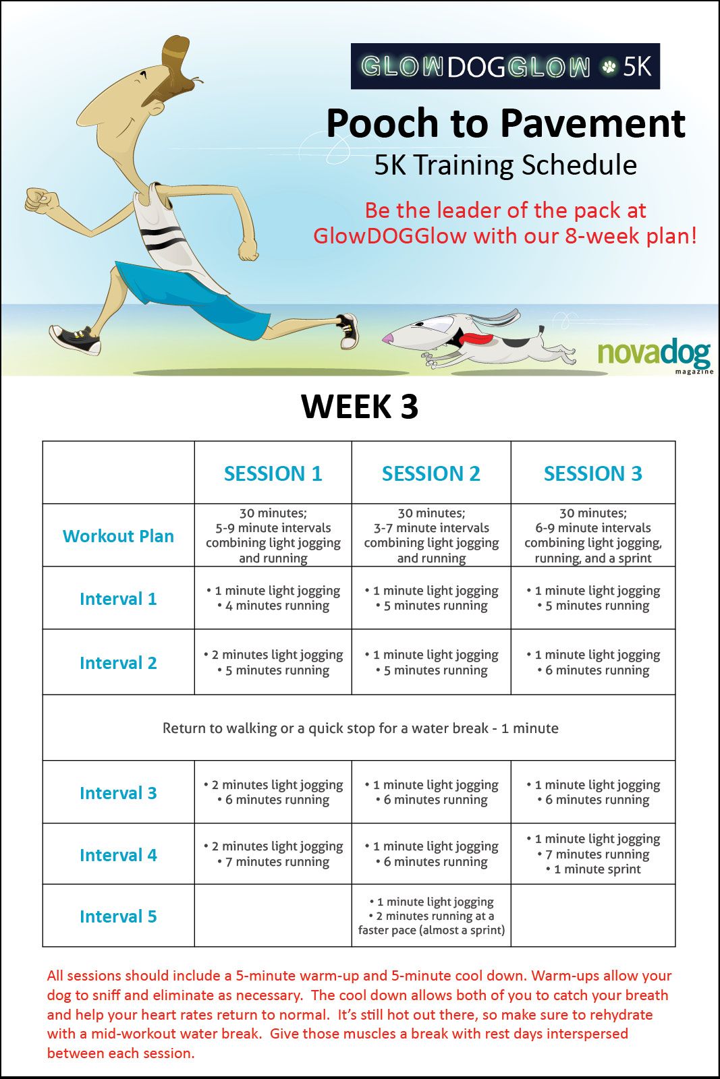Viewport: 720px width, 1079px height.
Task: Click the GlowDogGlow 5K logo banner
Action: pos(505,67)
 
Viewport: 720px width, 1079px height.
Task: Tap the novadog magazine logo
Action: pos(655,357)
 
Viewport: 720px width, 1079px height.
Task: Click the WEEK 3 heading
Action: pos(360,407)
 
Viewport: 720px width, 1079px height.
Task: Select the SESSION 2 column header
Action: pos(431,473)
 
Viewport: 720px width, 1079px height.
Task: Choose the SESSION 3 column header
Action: pos(592,473)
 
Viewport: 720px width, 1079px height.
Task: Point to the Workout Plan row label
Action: pos(118,535)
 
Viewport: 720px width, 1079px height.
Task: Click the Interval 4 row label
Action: pos(118,855)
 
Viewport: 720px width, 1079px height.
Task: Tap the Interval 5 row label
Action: pos(118,916)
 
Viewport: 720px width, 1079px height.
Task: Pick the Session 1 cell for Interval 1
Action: pos(273,597)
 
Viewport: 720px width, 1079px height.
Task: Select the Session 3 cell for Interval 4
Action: pos(593,854)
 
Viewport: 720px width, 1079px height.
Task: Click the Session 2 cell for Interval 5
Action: pos(431,915)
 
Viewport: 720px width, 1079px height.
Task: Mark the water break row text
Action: pos(360,728)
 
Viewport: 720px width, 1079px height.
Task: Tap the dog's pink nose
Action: pos(387,339)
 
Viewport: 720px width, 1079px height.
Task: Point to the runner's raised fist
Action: pos(41,200)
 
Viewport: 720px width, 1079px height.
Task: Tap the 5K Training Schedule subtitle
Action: pos(505,165)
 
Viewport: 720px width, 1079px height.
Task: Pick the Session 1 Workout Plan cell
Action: pos(273,535)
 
